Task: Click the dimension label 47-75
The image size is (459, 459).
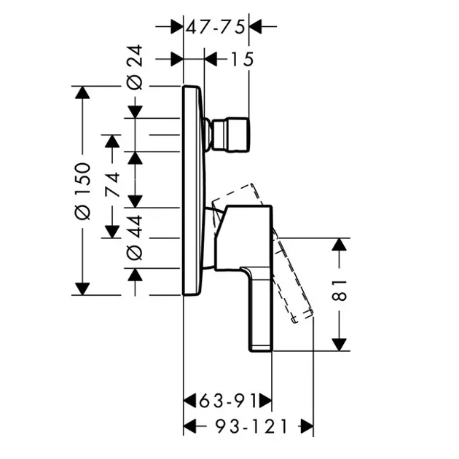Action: coord(216,28)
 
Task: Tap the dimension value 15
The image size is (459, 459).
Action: coord(243,60)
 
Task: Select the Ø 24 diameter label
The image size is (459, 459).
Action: coord(135,67)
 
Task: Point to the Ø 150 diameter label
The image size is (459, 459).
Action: coord(82,191)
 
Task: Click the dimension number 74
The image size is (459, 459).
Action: coord(112,184)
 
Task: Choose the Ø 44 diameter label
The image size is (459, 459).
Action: coord(135,238)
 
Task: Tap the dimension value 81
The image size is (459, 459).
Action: coord(340,291)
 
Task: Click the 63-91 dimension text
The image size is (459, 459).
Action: coord(228,401)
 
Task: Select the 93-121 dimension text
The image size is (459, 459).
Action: coord(251,426)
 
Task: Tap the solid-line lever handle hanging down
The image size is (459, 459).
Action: coord(259,309)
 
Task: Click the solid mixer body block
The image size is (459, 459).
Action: coord(243,238)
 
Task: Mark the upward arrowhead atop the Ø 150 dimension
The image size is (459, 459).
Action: coord(82,93)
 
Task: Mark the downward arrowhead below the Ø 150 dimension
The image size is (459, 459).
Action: coord(82,289)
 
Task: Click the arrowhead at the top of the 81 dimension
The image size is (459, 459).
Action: coord(340,244)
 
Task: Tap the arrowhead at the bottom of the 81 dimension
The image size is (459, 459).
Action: coord(340,345)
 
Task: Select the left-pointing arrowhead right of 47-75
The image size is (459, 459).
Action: coord(255,27)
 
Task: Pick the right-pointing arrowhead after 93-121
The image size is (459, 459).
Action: coord(307,426)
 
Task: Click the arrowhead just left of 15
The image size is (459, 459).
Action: coord(211,60)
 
